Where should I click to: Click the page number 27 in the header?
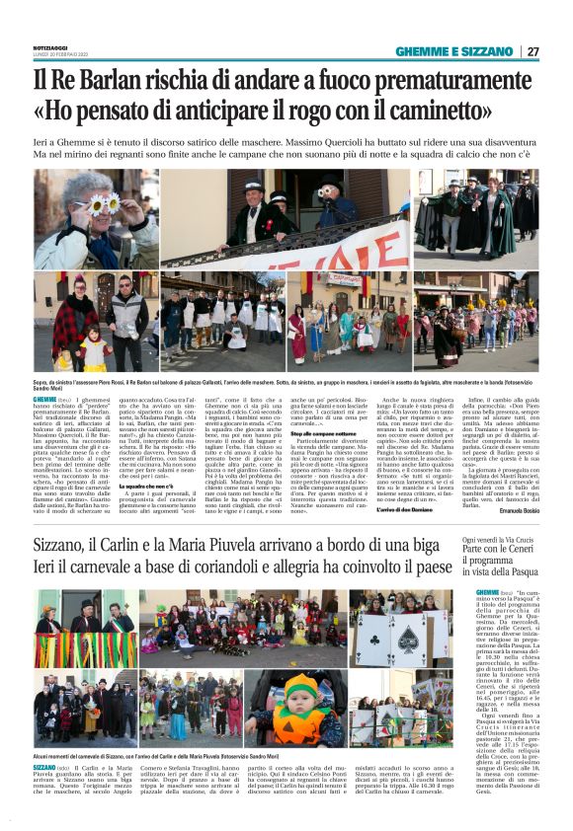pos(532,51)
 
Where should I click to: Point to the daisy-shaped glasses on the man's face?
pos(103,203)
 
